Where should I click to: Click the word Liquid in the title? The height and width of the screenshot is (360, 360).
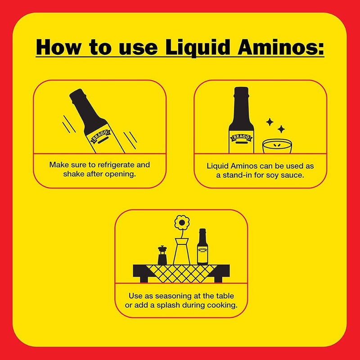(x=198, y=47)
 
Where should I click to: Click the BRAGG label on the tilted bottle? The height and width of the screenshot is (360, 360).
(x=100, y=135)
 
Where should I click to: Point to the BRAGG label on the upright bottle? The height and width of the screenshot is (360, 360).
(x=241, y=138)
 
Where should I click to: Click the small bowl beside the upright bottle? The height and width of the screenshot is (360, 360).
(x=277, y=146)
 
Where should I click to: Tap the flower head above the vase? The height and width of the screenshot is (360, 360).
(x=182, y=222)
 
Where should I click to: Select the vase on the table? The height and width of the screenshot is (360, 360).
(x=182, y=251)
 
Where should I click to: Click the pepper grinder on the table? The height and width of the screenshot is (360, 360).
(x=162, y=255)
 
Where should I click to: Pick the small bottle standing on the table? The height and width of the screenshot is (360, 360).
(x=202, y=247)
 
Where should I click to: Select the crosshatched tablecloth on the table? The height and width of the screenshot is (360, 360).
(x=181, y=274)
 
